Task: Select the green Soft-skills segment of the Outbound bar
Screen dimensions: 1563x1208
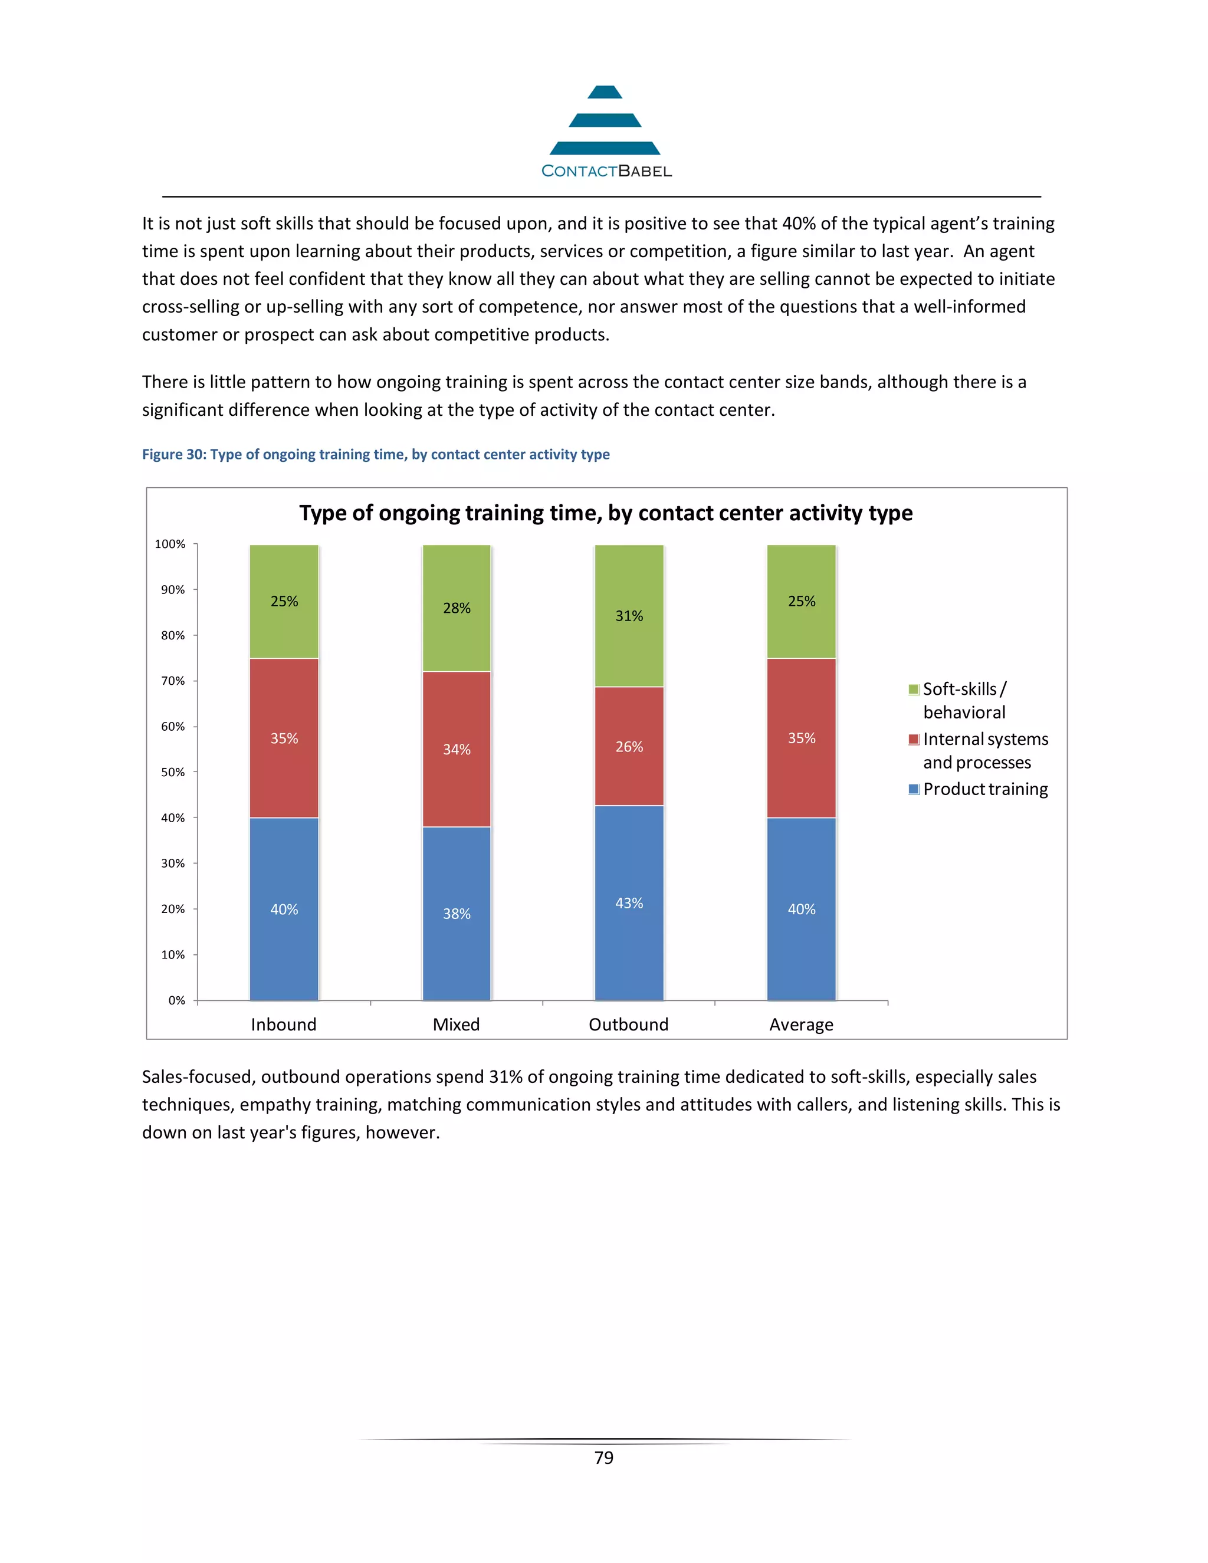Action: (x=629, y=644)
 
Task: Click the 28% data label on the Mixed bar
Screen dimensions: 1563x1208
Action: (x=457, y=608)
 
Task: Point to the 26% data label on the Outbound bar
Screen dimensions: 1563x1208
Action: (x=629, y=747)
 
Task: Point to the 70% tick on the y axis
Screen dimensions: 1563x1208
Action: (x=172, y=681)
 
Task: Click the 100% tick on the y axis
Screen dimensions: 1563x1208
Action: (x=170, y=544)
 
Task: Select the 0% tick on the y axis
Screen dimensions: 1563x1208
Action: (x=176, y=1000)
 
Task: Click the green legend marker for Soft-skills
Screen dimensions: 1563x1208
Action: (x=913, y=689)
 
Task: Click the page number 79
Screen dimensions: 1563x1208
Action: (x=604, y=1458)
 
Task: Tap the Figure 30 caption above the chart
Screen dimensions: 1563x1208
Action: (x=376, y=454)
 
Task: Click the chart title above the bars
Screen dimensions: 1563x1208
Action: (x=605, y=513)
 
